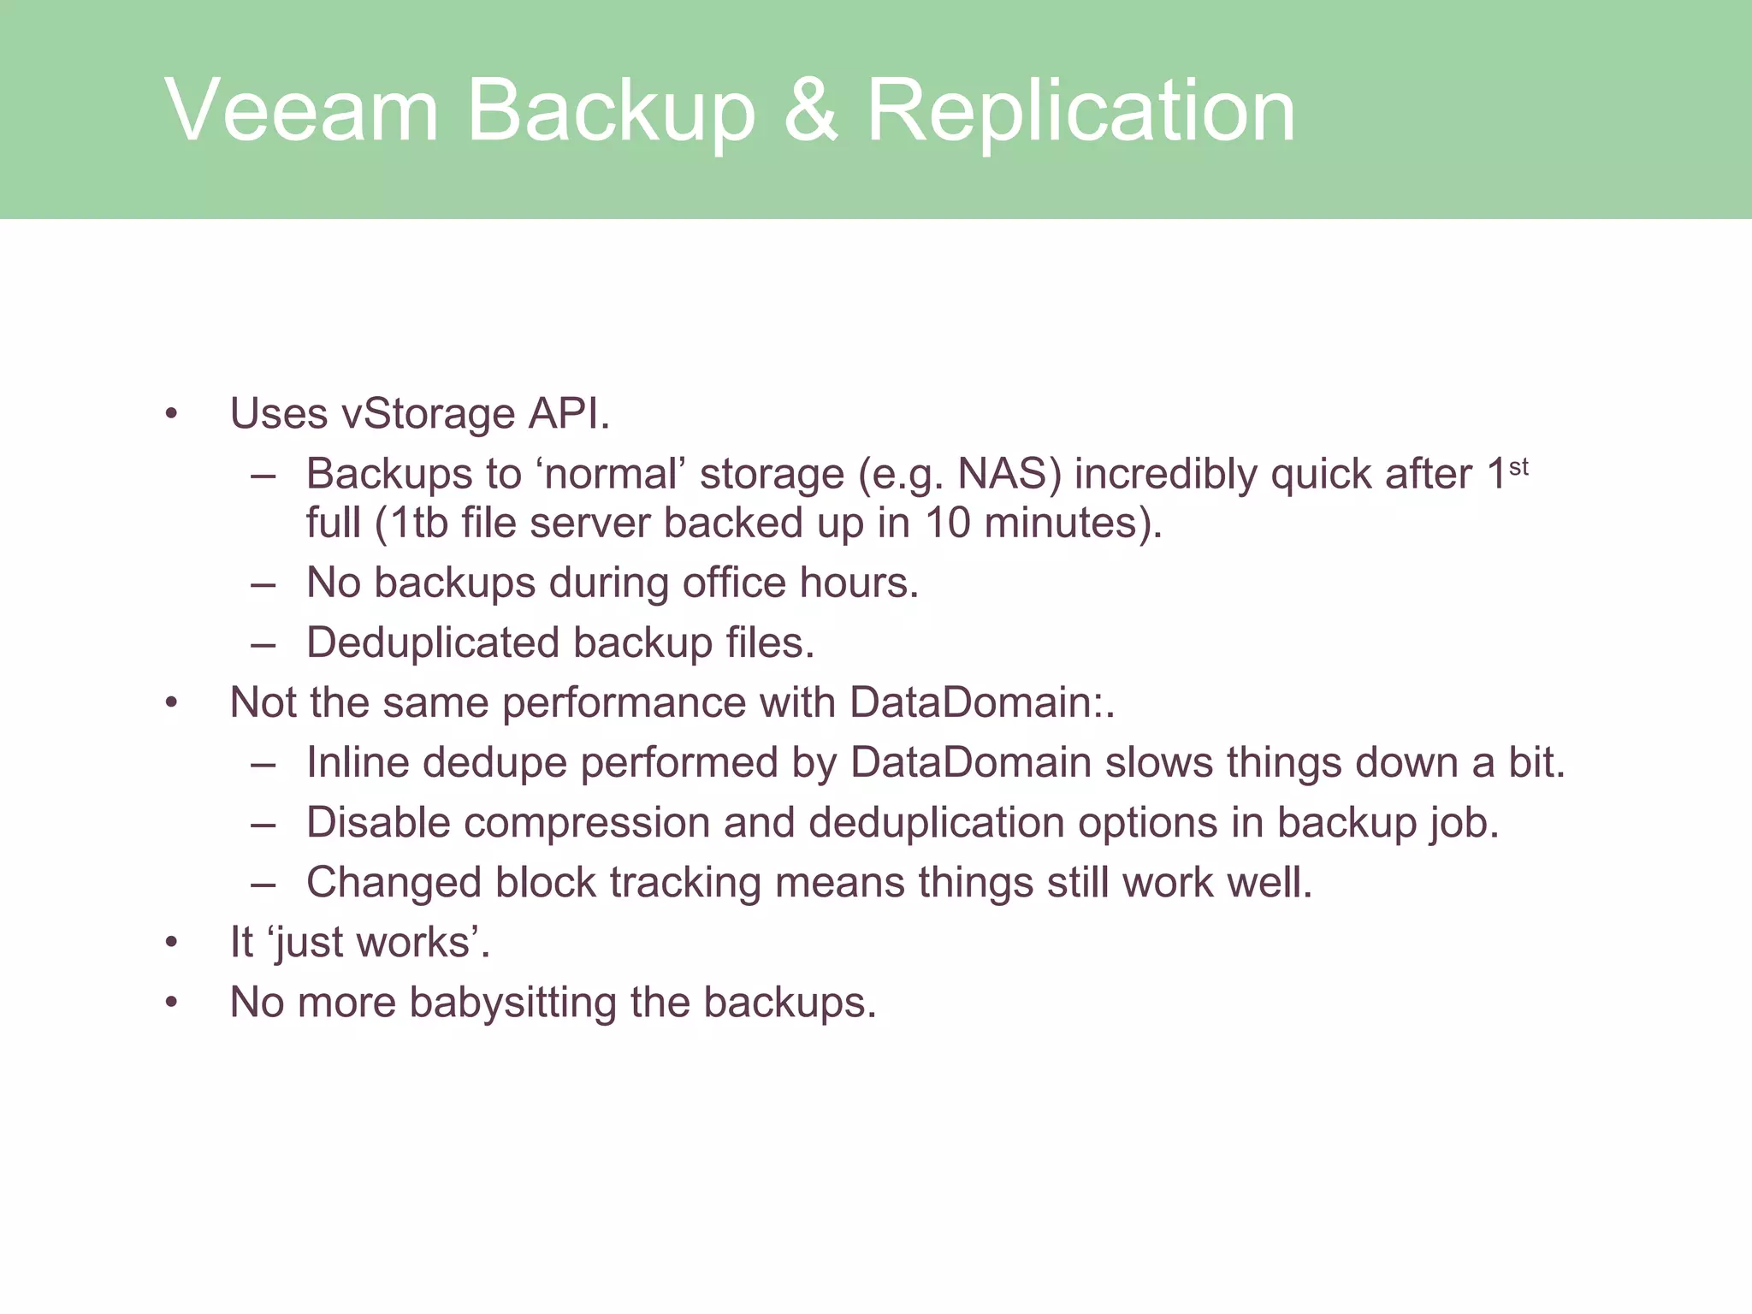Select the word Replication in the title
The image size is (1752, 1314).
[x=1080, y=111]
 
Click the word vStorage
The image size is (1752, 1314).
[x=427, y=414]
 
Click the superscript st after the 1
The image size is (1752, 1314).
[x=1518, y=467]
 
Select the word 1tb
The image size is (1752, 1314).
[x=418, y=523]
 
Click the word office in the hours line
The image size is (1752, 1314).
[x=734, y=583]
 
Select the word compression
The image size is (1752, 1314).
[x=587, y=823]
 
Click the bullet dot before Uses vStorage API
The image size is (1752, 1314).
[x=172, y=415]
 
